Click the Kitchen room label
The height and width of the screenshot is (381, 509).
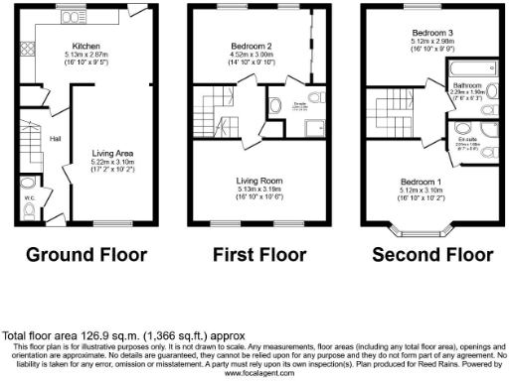(x=85, y=46)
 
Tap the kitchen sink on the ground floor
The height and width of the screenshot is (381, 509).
(x=74, y=18)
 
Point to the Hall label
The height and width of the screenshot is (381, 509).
(x=56, y=139)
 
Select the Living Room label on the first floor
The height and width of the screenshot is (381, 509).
(x=257, y=181)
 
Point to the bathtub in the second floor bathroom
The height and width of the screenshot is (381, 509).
(x=464, y=70)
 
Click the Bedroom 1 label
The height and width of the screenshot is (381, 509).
(x=421, y=182)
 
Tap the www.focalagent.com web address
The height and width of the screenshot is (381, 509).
(x=255, y=374)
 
